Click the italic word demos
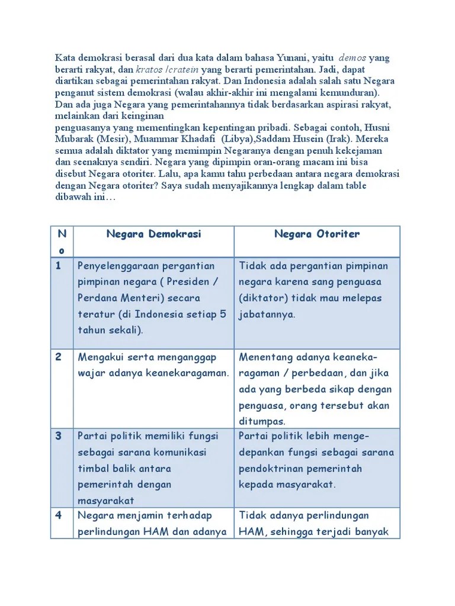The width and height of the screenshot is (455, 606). (x=352, y=58)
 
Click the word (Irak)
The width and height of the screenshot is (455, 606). (x=341, y=140)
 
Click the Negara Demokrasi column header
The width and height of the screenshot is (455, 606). (x=153, y=234)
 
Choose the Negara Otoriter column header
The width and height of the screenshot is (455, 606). (x=316, y=234)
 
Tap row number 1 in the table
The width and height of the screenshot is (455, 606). (x=59, y=266)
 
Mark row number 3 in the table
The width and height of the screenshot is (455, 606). (x=59, y=436)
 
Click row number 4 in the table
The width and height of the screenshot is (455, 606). (x=59, y=515)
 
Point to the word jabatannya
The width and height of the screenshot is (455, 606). (x=267, y=314)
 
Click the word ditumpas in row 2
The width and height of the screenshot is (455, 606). (x=262, y=421)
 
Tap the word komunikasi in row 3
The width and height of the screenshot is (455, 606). (x=178, y=452)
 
